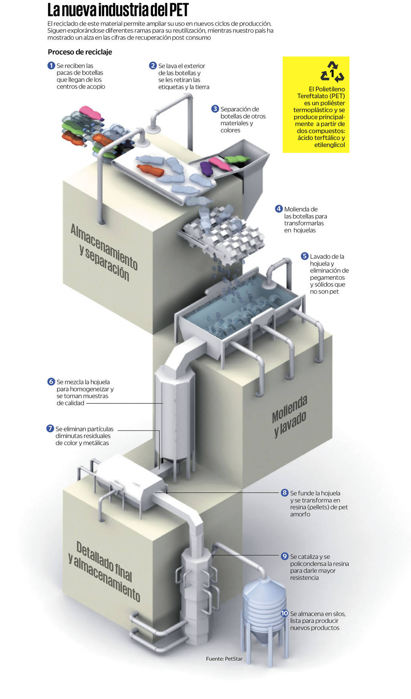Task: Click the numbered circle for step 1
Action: [x=51, y=65]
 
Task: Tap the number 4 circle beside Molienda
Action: [x=279, y=209]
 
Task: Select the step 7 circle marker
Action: [x=50, y=429]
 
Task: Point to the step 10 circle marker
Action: [x=285, y=614]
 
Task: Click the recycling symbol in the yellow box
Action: [x=332, y=72]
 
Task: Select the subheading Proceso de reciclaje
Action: [x=80, y=52]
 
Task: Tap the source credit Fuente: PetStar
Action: [x=224, y=659]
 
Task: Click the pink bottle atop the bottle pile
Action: [x=91, y=112]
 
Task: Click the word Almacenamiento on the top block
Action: [x=104, y=246]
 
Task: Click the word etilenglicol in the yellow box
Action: [x=330, y=145]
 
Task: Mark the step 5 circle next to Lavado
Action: [x=305, y=256]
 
